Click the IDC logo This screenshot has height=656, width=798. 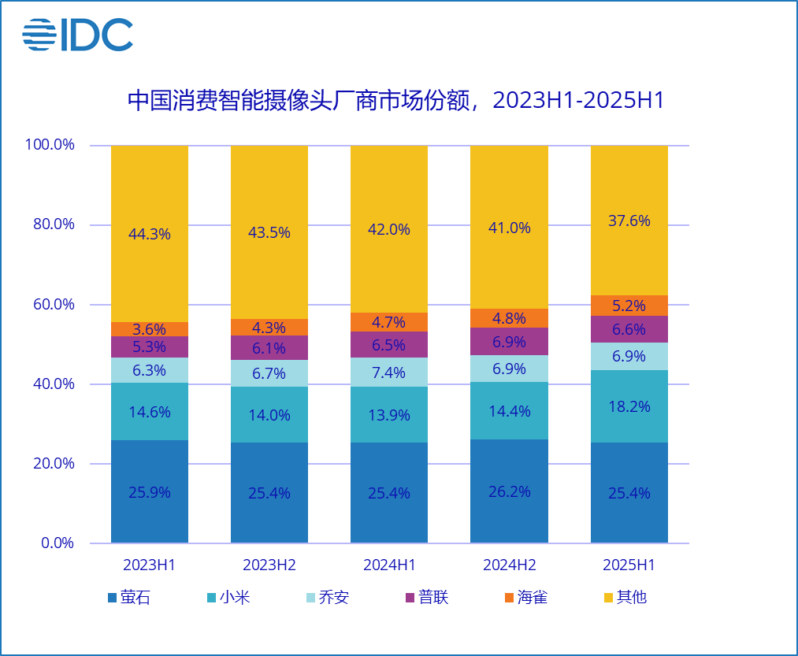pos(77,35)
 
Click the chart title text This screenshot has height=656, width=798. pos(396,101)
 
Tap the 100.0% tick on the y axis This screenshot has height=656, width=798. pos(50,145)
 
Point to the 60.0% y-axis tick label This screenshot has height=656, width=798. pos(50,305)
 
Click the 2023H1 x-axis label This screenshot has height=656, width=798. pos(149,565)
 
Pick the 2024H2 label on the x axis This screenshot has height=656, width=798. pos(509,565)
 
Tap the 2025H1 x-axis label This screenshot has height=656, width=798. pos(629,565)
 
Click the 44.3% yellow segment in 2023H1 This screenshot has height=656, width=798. pos(150,234)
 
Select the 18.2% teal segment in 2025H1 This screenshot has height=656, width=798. pos(629,406)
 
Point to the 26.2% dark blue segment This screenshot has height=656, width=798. pos(509,491)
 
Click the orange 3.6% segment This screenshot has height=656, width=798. pos(150,329)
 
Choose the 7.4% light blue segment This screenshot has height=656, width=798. pos(389,372)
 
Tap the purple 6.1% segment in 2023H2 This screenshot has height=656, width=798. pos(269,348)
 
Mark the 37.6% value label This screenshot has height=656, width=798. pos(629,221)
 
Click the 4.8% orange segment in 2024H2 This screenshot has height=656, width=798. pos(509,318)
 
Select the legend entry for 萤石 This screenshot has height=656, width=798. pos(128,597)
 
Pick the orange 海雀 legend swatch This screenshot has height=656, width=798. pos(509,598)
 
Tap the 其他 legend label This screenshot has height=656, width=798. pos(631,597)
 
